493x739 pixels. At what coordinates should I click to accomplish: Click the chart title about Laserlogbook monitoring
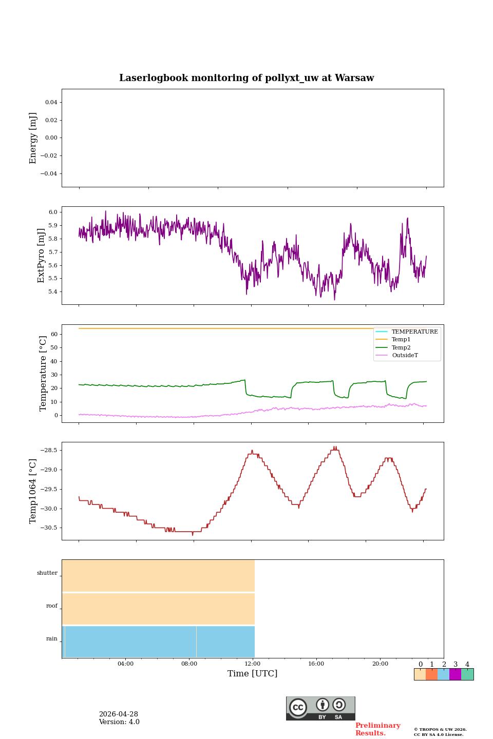click(x=246, y=78)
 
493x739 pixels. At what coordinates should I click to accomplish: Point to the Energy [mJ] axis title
click(x=33, y=138)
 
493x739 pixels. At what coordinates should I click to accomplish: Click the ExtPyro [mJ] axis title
click(x=41, y=256)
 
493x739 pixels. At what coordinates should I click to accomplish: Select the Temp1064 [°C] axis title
click(x=33, y=491)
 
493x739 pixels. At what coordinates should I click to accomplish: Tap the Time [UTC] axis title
click(x=252, y=673)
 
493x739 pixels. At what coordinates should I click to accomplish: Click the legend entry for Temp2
click(x=401, y=347)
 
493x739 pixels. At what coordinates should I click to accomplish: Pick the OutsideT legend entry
click(x=405, y=355)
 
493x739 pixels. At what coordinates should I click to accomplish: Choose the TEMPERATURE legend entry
click(x=414, y=332)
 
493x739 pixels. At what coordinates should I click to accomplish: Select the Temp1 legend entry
click(x=401, y=339)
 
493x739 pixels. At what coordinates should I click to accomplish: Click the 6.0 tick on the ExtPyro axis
click(x=53, y=212)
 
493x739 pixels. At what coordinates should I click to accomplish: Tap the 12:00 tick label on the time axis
click(x=253, y=664)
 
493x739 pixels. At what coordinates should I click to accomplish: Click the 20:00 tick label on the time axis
click(x=380, y=664)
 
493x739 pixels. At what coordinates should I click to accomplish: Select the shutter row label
click(x=47, y=573)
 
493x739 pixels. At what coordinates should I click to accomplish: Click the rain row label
click(x=52, y=638)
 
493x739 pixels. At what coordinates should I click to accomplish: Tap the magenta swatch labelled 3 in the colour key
click(x=455, y=674)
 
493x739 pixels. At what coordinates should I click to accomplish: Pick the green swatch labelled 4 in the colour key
click(x=467, y=674)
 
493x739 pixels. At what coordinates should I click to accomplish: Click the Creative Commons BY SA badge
click(x=320, y=708)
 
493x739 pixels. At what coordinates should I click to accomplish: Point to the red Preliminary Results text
click(x=377, y=729)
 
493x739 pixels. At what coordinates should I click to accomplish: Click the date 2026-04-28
click(x=119, y=714)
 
